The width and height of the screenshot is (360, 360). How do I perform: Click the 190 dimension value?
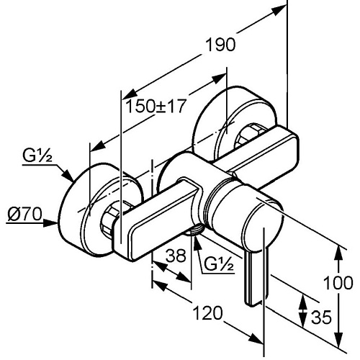click(x=221, y=45)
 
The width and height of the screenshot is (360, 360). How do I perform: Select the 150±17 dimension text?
click(x=156, y=106)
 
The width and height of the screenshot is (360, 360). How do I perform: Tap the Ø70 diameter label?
click(x=24, y=214)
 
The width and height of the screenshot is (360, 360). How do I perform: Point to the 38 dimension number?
click(x=176, y=256)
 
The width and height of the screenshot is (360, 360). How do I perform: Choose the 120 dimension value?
click(x=208, y=313)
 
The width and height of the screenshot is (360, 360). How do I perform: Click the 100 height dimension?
click(x=338, y=283)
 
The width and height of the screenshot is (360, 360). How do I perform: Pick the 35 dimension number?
click(x=321, y=317)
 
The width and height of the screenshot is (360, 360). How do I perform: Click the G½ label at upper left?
click(x=37, y=156)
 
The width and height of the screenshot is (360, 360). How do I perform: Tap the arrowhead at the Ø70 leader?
click(x=51, y=223)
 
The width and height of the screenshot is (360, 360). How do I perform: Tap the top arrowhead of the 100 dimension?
click(x=338, y=251)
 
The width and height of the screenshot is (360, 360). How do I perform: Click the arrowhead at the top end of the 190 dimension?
click(x=279, y=10)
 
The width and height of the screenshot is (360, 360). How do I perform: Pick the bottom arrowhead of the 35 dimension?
click(x=303, y=321)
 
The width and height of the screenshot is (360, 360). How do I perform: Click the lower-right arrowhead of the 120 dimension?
click(x=256, y=339)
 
